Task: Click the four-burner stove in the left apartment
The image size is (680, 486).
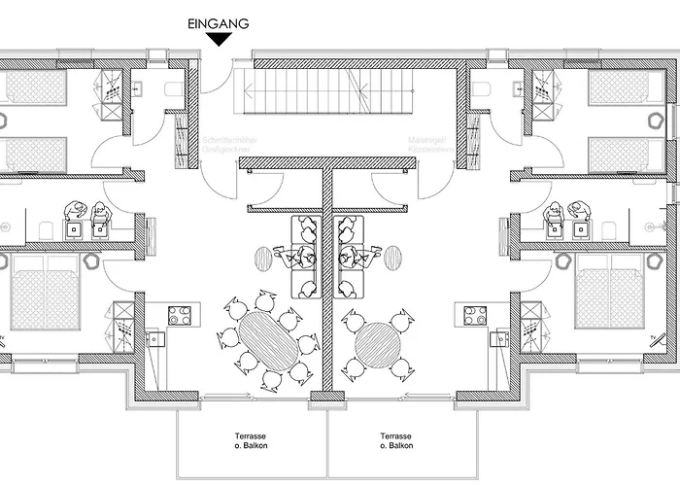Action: point(180,314)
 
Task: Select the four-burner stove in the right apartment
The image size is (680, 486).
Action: point(476,314)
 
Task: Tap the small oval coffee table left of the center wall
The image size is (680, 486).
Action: point(264,258)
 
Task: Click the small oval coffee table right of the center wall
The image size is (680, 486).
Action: point(392,258)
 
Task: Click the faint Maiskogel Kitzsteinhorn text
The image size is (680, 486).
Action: point(428,145)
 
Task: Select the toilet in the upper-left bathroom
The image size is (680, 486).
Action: point(173,90)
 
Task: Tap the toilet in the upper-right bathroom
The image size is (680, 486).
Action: point(483,90)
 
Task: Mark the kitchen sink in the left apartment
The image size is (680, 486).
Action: point(153,338)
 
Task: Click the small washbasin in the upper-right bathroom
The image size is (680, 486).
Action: point(514,90)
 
